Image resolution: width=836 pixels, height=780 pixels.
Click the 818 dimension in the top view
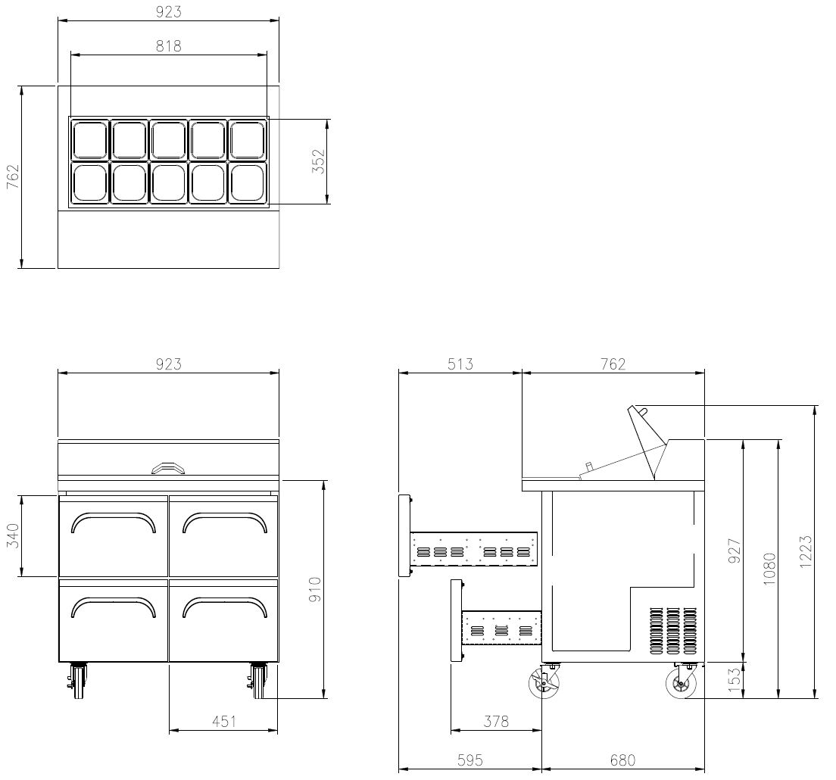click(168, 46)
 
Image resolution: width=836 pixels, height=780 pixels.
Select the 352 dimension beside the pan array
click(318, 161)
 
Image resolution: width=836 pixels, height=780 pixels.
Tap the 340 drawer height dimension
click(12, 536)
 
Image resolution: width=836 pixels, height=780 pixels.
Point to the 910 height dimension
click(315, 589)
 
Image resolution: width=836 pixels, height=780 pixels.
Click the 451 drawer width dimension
click(224, 722)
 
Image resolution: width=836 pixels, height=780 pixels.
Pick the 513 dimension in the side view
click(460, 364)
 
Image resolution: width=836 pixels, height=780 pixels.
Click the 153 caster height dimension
click(735, 680)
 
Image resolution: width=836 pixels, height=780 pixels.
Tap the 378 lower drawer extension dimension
click(496, 722)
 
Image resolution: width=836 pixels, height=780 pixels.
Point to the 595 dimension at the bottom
click(469, 760)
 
